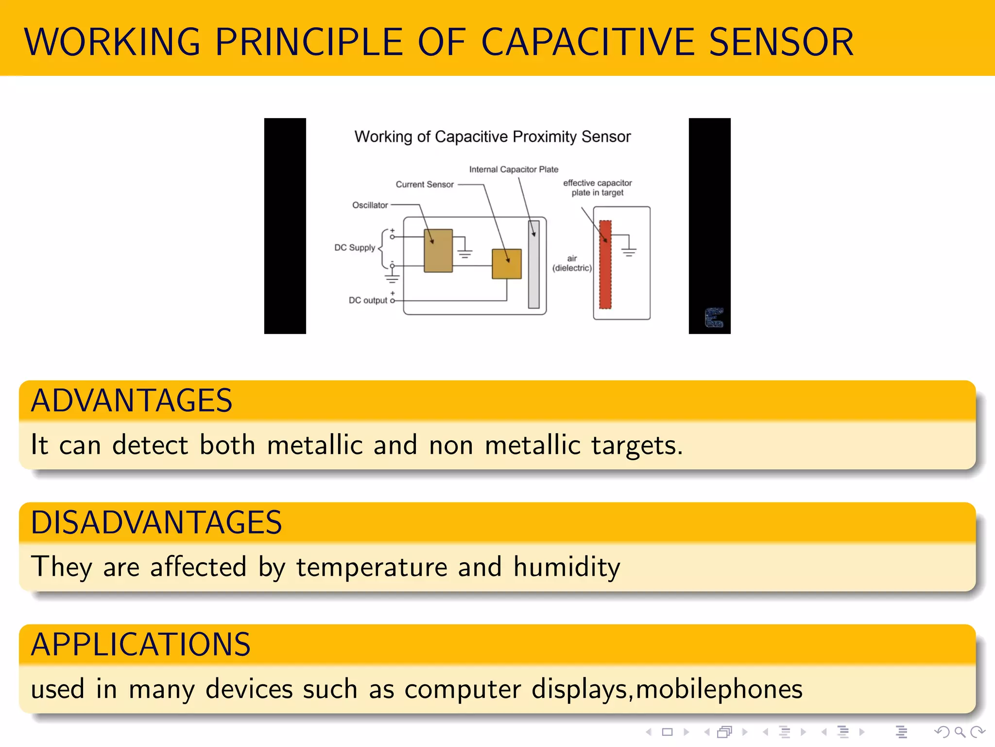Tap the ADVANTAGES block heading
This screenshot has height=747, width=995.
[x=132, y=401]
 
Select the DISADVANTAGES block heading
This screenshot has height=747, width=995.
[x=156, y=523]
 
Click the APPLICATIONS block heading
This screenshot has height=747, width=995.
[x=140, y=645]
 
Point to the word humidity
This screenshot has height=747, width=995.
[x=567, y=567]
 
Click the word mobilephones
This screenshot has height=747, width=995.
[x=719, y=689]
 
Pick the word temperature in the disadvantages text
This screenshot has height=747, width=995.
[x=372, y=567]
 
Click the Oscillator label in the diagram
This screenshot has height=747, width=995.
[x=370, y=205]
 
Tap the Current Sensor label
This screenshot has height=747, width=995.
[x=424, y=184]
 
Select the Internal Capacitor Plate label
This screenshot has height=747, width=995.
[x=514, y=169]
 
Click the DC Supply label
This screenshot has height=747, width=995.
[x=355, y=248]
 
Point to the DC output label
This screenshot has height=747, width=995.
[x=368, y=300]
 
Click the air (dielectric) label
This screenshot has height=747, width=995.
[x=572, y=263]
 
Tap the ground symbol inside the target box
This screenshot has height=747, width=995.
[x=629, y=251]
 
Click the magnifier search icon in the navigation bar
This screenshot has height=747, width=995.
[x=960, y=732]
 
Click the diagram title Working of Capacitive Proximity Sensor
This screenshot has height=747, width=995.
[x=492, y=137]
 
